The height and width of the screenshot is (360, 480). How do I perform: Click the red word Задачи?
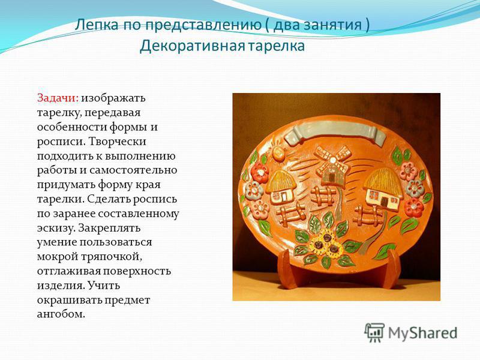pyautogui.click(x=58, y=98)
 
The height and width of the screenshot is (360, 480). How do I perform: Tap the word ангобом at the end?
pyautogui.click(x=61, y=314)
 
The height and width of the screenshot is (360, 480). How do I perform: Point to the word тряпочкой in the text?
pyautogui.click(x=112, y=257)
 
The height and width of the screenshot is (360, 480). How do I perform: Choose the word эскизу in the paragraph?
pyautogui.click(x=56, y=228)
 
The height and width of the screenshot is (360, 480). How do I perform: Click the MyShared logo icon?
pyautogui.click(x=374, y=332)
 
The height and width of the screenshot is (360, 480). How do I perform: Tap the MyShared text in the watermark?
pyautogui.click(x=423, y=333)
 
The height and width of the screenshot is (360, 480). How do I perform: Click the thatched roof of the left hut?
pyautogui.click(x=281, y=181)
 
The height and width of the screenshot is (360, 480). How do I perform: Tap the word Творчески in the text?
pyautogui.click(x=118, y=142)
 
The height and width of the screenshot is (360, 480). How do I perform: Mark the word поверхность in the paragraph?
pyautogui.click(x=137, y=271)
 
